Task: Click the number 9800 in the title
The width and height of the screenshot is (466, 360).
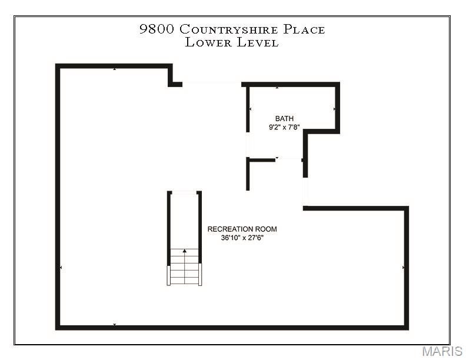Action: (x=157, y=29)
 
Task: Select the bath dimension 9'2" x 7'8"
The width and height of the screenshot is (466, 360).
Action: (x=284, y=127)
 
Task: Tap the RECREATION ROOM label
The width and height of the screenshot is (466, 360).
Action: (x=242, y=229)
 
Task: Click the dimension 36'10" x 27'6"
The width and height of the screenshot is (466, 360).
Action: (x=242, y=238)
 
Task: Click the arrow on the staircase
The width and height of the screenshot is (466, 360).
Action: (x=185, y=252)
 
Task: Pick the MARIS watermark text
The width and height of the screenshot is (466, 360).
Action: (x=442, y=351)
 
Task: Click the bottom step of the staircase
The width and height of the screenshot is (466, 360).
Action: (x=185, y=281)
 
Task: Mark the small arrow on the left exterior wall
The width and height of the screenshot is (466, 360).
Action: (x=61, y=268)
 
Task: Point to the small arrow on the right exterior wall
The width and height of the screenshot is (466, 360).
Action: (x=404, y=268)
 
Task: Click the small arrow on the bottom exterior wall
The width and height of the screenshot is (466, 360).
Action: (x=114, y=325)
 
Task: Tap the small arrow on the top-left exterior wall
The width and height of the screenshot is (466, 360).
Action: (x=114, y=69)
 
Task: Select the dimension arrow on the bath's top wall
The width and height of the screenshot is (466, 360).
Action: (x=277, y=88)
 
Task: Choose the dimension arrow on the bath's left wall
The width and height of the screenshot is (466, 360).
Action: (x=250, y=109)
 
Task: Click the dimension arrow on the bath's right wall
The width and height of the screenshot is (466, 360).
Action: (x=335, y=109)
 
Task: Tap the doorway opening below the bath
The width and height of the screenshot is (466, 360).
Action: (x=288, y=159)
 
